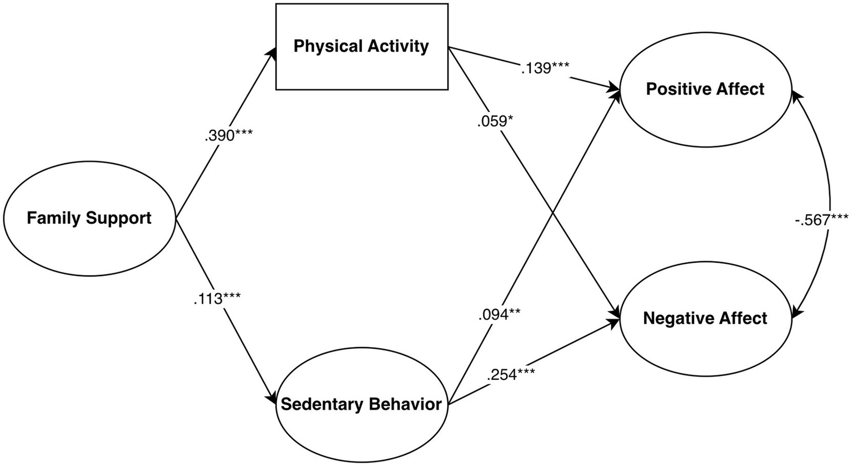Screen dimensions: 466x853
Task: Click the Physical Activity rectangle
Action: pos(362,46)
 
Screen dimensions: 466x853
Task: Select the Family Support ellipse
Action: pos(89,218)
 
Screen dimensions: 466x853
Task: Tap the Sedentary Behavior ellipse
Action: pos(361,404)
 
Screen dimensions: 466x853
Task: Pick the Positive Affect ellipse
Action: pos(705,89)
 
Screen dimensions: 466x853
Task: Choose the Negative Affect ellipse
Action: pos(705,318)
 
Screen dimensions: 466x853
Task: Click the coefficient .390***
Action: pos(228,136)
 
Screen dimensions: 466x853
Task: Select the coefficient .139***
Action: pos(545,68)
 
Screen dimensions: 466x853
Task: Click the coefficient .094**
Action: pos(498,315)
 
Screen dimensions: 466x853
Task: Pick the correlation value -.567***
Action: pos(821,219)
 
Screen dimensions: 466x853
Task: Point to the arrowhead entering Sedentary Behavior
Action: pos(272,399)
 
